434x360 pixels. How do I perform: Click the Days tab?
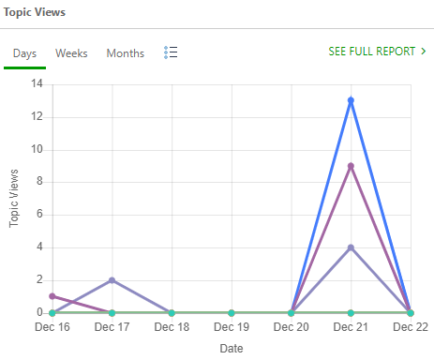tap(24, 53)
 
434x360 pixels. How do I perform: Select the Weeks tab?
tap(71, 53)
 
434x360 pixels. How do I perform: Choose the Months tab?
tap(126, 53)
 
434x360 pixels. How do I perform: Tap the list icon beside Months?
tap(171, 52)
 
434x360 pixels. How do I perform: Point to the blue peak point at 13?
tap(351, 100)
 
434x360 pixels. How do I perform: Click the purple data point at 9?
tap(351, 166)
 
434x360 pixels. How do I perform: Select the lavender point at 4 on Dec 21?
tap(351, 247)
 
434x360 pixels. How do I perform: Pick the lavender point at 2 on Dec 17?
tap(112, 280)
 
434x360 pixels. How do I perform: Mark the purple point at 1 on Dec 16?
tap(52, 296)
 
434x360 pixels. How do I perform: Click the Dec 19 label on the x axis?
tap(231, 327)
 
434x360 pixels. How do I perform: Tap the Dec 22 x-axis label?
tap(410, 327)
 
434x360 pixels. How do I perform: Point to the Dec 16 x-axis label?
tap(52, 327)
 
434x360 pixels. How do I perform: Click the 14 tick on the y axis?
tap(37, 83)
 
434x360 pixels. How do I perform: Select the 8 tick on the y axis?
tap(40, 182)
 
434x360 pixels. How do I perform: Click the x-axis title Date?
tap(231, 348)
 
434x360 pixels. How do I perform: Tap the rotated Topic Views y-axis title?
tap(15, 198)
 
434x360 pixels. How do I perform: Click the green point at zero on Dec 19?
tap(231, 312)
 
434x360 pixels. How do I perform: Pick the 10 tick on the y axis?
tap(37, 149)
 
